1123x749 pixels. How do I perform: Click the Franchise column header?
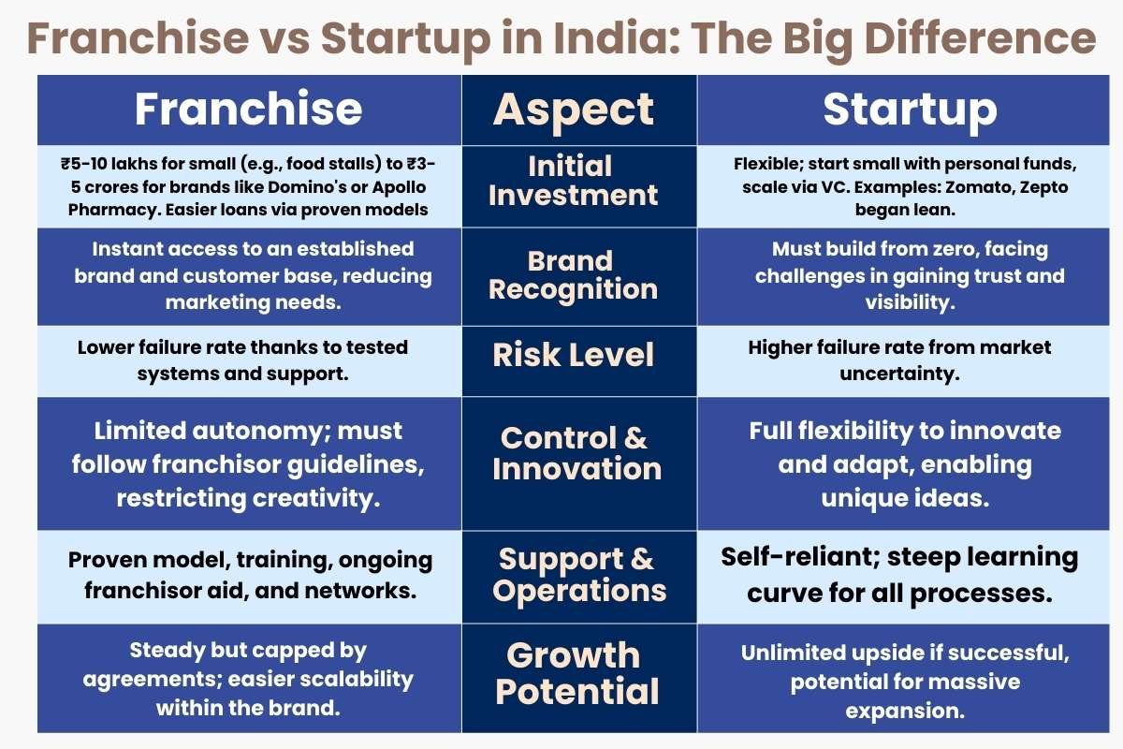click(x=248, y=109)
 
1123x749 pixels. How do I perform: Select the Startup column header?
click(x=910, y=110)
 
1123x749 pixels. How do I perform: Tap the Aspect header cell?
click(x=574, y=110)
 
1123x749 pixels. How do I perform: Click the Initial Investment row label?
click(x=573, y=181)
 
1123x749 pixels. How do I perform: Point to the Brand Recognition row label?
click(x=573, y=275)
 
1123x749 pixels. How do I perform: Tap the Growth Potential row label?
click(x=576, y=673)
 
